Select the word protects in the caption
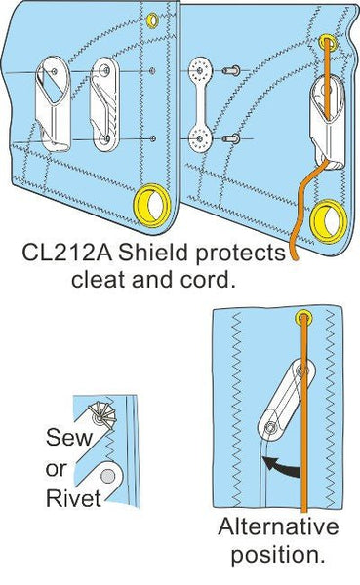[x=241, y=254]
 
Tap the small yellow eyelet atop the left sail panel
[x=152, y=18]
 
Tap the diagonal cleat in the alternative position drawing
[x=284, y=395]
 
